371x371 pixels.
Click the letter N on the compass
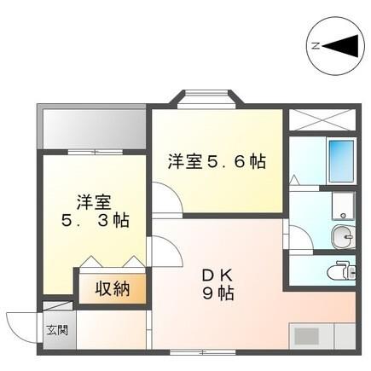pyautogui.click(x=316, y=46)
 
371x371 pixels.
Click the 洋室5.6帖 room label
pyautogui.click(x=215, y=160)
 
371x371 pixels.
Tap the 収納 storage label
pyautogui.click(x=112, y=288)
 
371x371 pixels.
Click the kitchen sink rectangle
pyautogui.click(x=310, y=334)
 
